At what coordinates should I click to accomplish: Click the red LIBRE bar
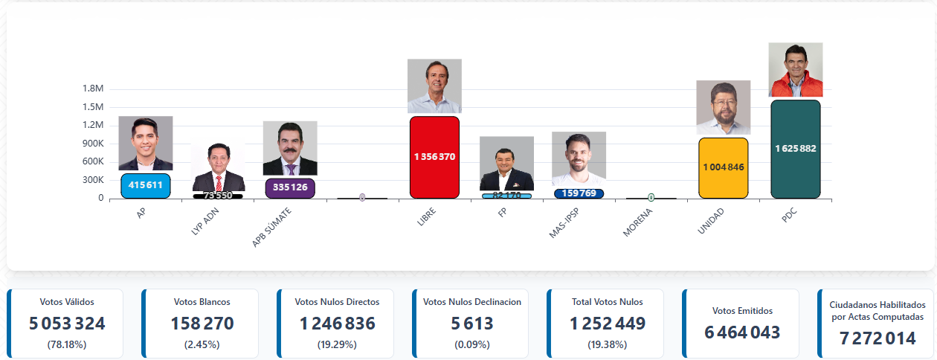pyautogui.click(x=434, y=157)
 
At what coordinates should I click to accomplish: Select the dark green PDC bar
pyautogui.click(x=796, y=149)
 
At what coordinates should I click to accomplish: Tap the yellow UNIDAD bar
pyautogui.click(x=723, y=167)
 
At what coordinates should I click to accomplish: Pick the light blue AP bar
pyautogui.click(x=146, y=186)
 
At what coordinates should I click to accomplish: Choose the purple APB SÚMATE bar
pyautogui.click(x=290, y=188)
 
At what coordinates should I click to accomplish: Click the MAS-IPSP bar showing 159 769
pyautogui.click(x=579, y=193)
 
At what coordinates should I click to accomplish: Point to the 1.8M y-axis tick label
pyautogui.click(x=93, y=89)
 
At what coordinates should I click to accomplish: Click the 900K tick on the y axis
pyautogui.click(x=93, y=144)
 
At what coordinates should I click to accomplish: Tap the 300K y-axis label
pyautogui.click(x=93, y=180)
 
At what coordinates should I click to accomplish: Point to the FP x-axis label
pyautogui.click(x=503, y=213)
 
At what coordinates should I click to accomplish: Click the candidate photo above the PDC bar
pyautogui.click(x=796, y=70)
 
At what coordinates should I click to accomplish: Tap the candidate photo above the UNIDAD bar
pyautogui.click(x=723, y=107)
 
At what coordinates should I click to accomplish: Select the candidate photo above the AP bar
pyautogui.click(x=146, y=143)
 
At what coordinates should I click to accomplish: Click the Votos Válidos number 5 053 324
pyautogui.click(x=67, y=324)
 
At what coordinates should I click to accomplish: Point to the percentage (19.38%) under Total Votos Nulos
pyautogui.click(x=607, y=344)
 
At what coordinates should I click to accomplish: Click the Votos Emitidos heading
pyautogui.click(x=742, y=311)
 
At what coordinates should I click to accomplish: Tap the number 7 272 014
pyautogui.click(x=878, y=338)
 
